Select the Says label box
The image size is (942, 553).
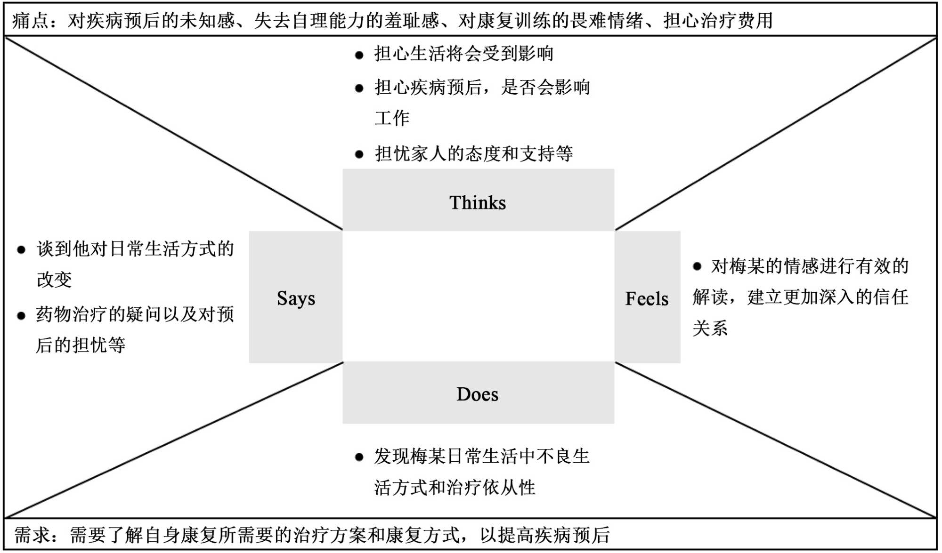click(296, 297)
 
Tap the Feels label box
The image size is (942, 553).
click(647, 298)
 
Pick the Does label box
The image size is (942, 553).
click(478, 393)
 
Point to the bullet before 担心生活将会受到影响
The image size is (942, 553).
click(359, 55)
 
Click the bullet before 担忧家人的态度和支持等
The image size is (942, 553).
click(359, 154)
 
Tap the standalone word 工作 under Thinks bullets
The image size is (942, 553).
click(392, 118)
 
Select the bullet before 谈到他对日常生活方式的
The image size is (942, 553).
click(21, 250)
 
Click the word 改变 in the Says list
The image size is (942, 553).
click(54, 280)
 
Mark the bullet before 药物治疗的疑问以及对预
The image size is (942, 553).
click(21, 316)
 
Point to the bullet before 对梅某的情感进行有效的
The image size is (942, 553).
click(697, 267)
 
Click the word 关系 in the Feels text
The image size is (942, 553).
click(710, 328)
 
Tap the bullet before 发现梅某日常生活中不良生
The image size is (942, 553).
click(359, 457)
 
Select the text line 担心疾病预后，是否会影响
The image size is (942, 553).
click(482, 87)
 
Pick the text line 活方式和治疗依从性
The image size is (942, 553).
click(455, 488)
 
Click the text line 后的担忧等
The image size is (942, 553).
click(81, 345)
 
